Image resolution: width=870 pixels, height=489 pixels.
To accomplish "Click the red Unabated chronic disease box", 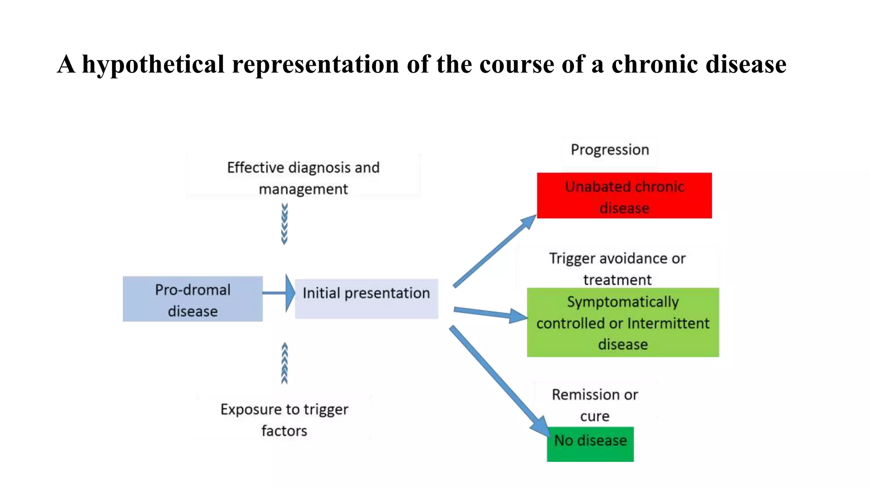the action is [x=624, y=196].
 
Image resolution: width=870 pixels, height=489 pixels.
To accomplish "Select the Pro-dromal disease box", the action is [x=192, y=299].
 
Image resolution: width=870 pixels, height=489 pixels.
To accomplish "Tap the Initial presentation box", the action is [x=366, y=298].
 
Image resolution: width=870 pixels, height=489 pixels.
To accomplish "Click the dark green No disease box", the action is [x=590, y=444].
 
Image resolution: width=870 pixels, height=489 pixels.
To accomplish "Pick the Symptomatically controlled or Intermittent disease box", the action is [x=623, y=323].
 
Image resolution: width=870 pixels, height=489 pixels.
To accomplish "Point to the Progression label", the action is [x=610, y=150].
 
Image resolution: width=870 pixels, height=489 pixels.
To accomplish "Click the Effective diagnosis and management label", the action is [x=303, y=178].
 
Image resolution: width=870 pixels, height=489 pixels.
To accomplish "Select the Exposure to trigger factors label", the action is [x=284, y=419].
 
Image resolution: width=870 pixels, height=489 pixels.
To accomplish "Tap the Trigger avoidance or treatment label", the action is [x=617, y=269].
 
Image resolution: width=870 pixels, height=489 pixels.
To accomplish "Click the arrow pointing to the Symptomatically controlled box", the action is [x=489, y=313].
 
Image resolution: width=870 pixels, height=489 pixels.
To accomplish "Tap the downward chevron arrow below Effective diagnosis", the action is [x=284, y=224].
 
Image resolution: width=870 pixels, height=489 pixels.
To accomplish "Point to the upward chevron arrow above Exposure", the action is [x=284, y=363].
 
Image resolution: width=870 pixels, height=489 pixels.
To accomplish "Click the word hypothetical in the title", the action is [x=153, y=65].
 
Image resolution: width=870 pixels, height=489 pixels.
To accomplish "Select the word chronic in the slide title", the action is [x=655, y=65].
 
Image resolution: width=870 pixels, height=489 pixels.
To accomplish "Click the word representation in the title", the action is [x=315, y=65].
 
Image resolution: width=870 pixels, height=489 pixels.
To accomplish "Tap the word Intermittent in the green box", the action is [x=668, y=323].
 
